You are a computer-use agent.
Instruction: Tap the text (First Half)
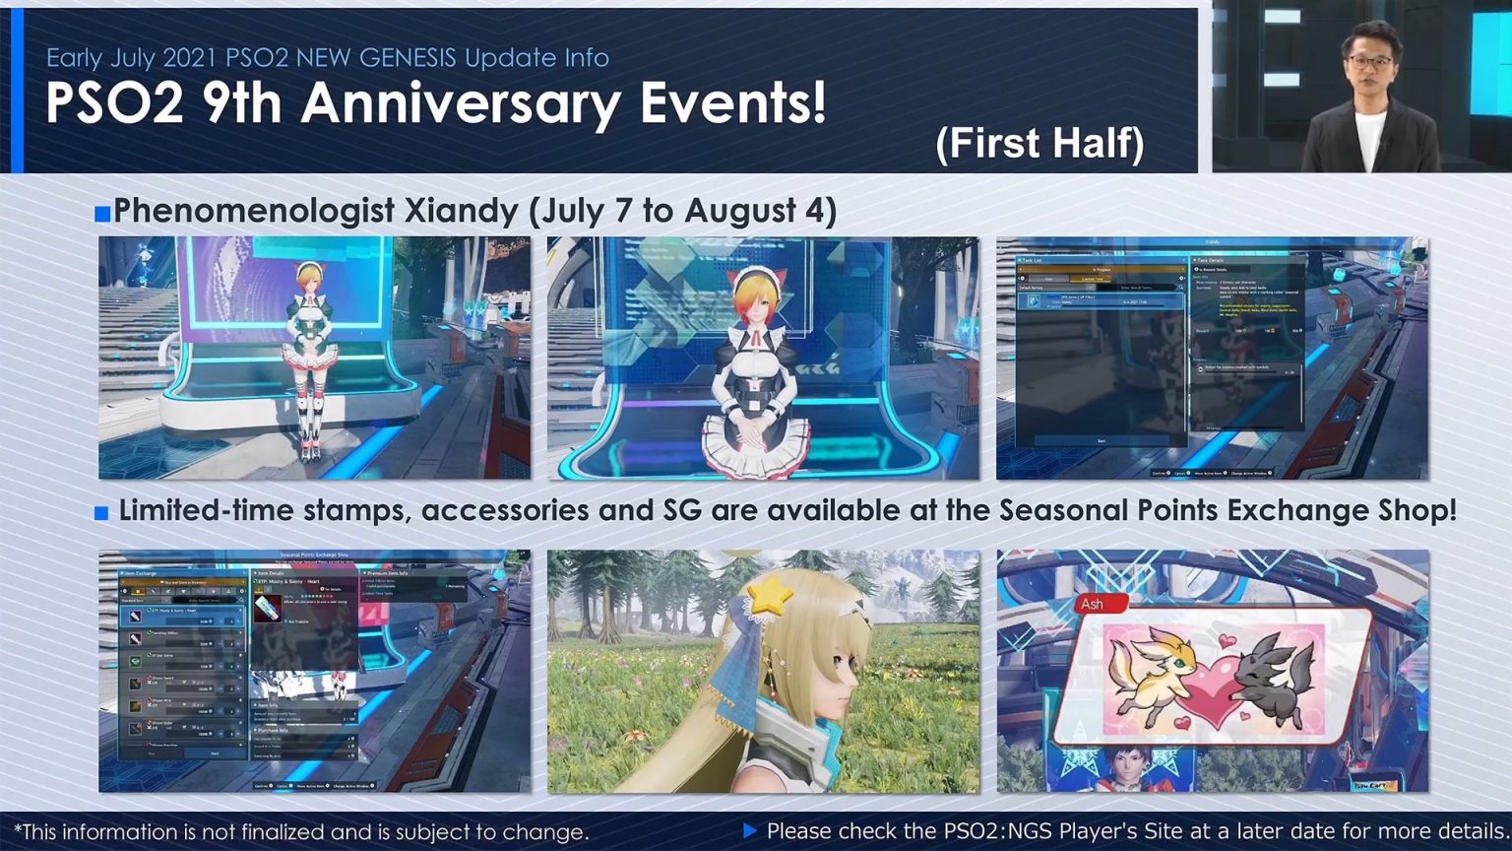click(x=1039, y=144)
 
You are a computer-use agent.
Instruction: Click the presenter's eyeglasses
click(x=1368, y=62)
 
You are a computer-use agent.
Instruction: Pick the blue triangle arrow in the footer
click(x=749, y=831)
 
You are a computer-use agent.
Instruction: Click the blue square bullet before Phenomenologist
click(x=102, y=214)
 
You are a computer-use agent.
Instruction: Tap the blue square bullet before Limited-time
click(x=101, y=513)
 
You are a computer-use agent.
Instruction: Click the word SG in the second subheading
click(x=682, y=510)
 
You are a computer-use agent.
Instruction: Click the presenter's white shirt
click(x=1369, y=138)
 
